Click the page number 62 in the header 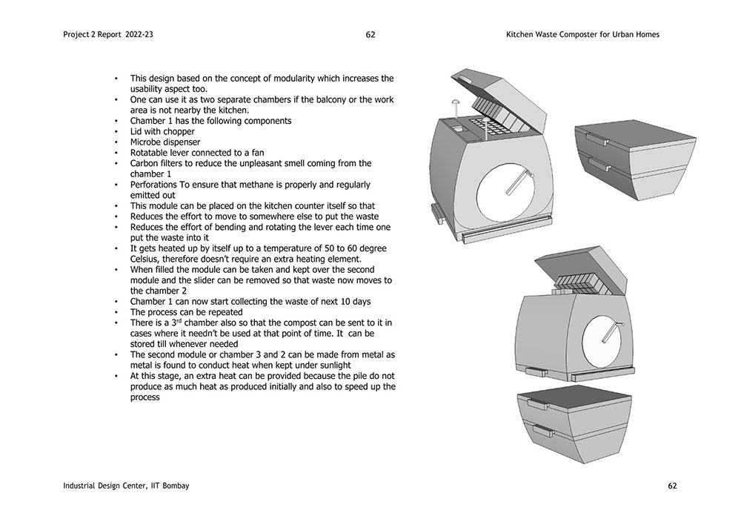click(370, 35)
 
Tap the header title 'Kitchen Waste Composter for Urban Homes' click(582, 35)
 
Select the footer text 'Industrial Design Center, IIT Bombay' click(126, 486)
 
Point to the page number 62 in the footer click(672, 486)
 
